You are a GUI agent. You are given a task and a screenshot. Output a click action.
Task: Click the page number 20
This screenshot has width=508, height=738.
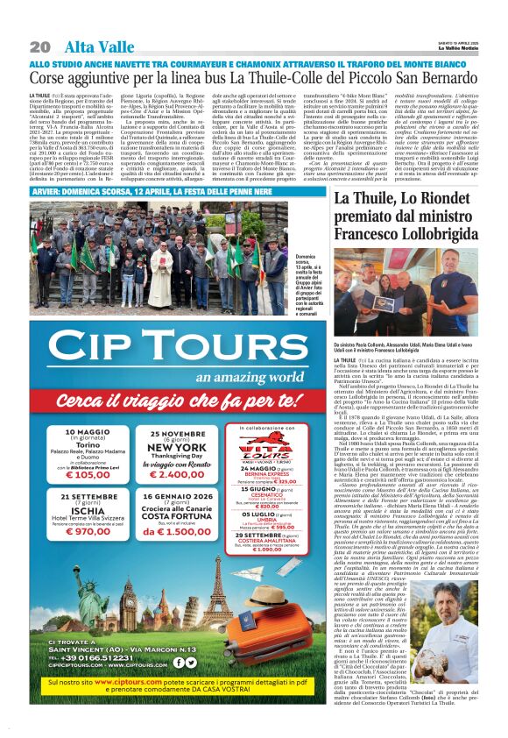coord(39,46)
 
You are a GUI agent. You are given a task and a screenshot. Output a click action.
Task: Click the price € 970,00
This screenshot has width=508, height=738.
coord(93,555)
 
